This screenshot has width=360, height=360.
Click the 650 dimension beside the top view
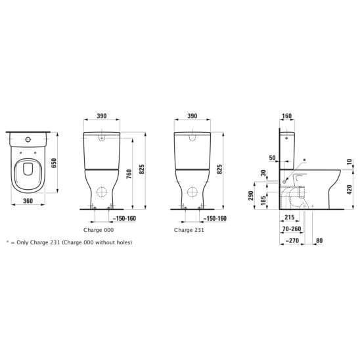54,163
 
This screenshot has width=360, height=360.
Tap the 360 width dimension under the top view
28,201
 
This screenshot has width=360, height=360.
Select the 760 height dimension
129,174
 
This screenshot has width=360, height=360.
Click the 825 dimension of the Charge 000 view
142,169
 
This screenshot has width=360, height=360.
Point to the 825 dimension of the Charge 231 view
219,169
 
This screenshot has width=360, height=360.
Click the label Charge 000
99,230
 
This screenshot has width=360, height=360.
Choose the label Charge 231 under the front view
189,230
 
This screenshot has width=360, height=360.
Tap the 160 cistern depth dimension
287,116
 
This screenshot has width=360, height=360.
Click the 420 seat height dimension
349,190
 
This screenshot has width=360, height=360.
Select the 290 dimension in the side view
251,196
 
